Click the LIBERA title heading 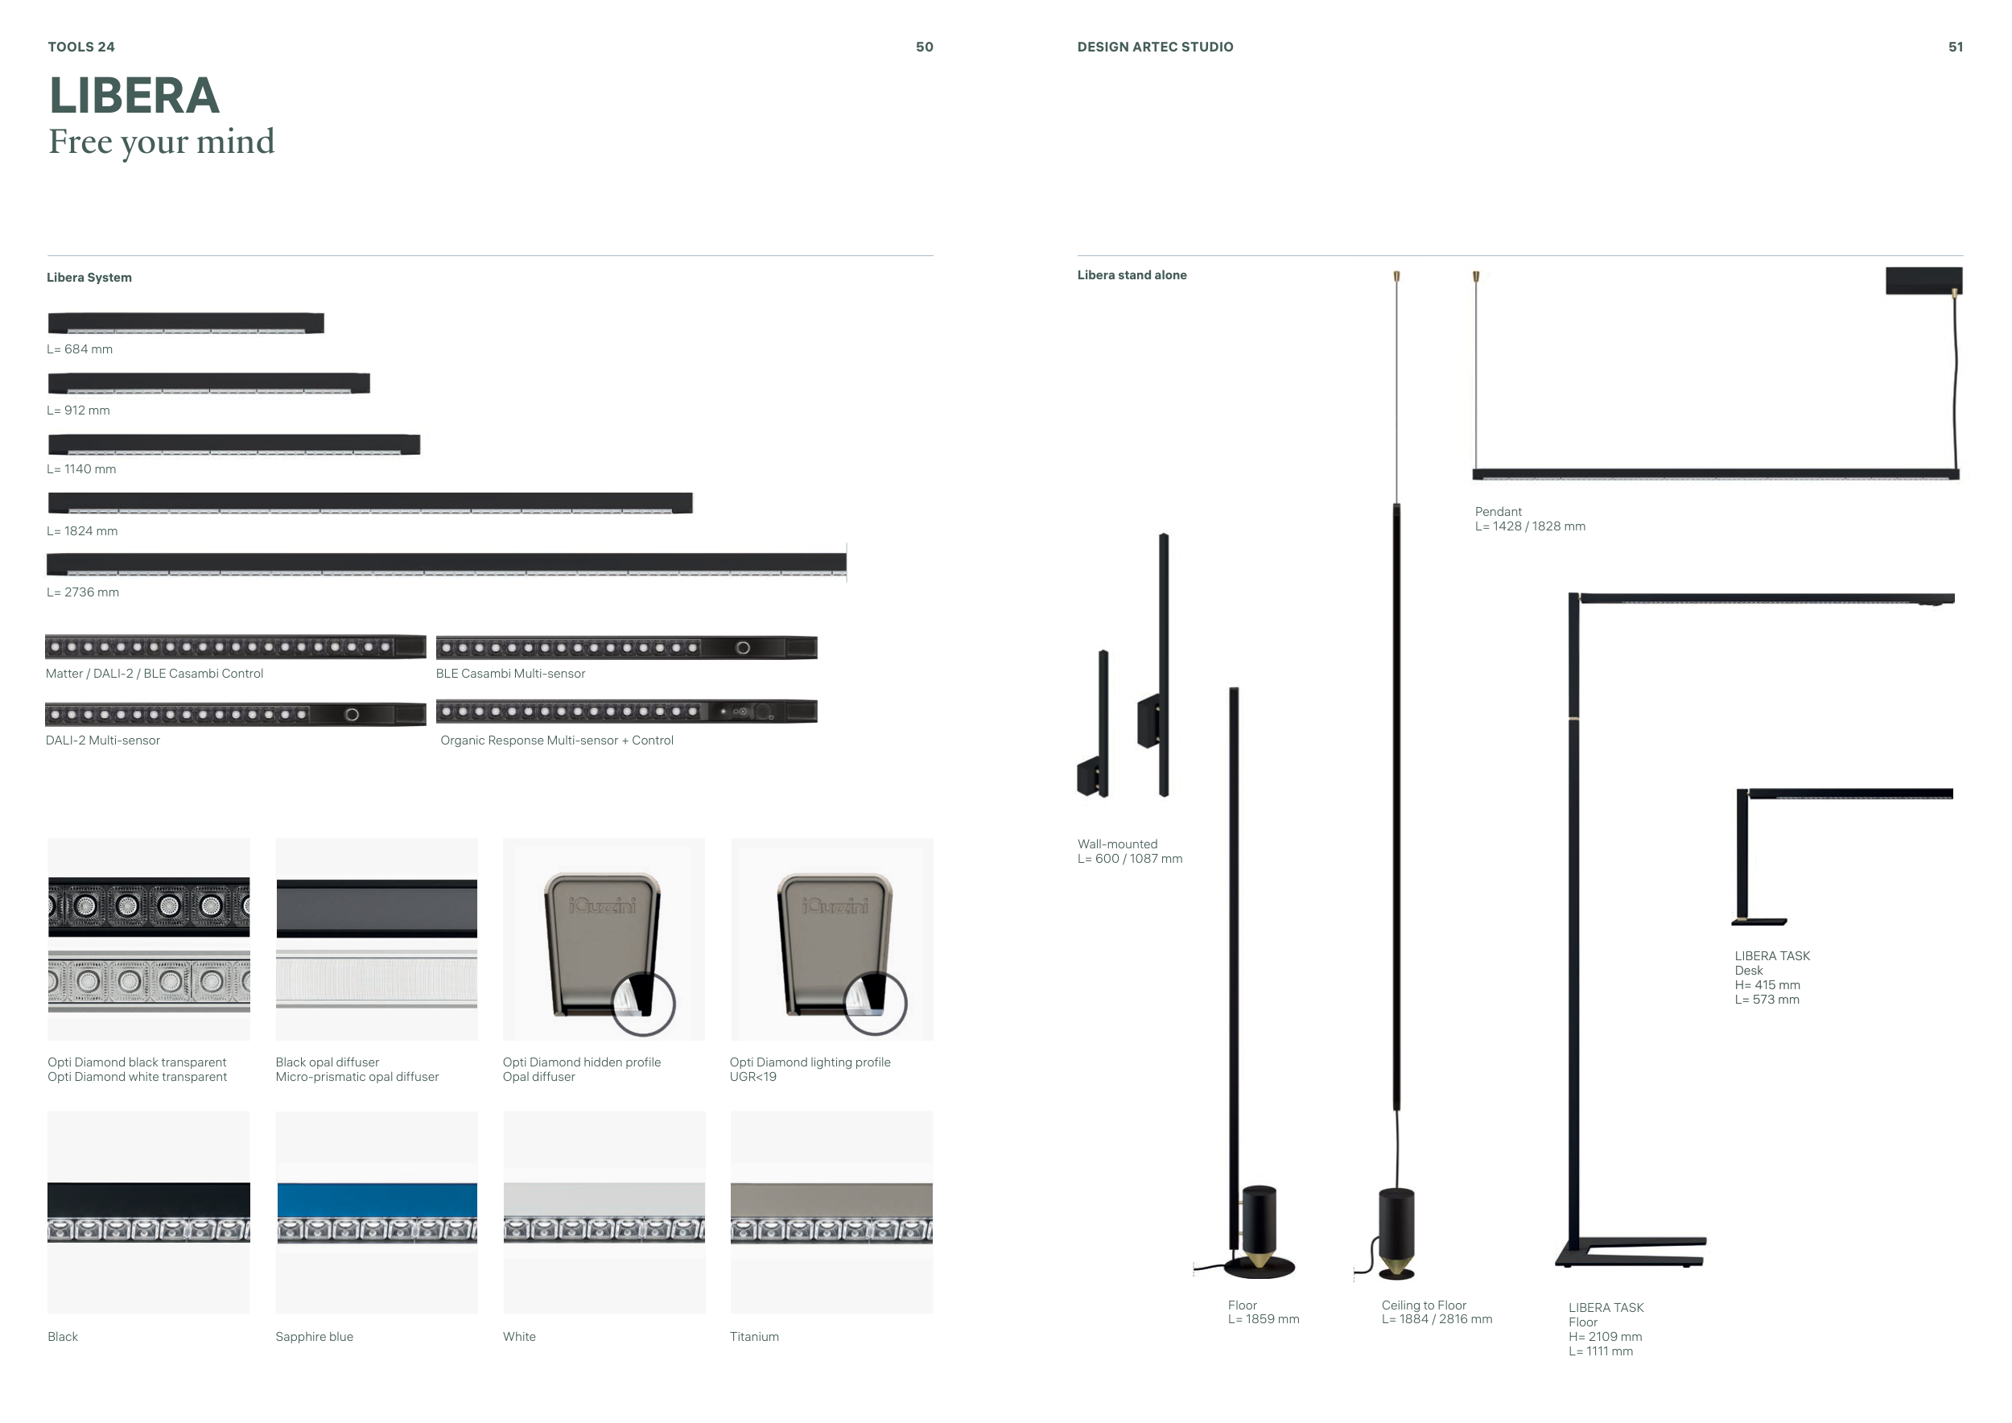coord(134,96)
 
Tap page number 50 coord(925,47)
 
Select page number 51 coord(1955,47)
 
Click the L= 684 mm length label coord(80,349)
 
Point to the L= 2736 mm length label coord(83,592)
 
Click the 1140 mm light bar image coord(234,444)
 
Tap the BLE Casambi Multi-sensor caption coord(511,674)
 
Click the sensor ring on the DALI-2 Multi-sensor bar coord(352,715)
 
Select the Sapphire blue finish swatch coord(377,1213)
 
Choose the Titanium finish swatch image coord(831,1213)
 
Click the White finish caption coord(520,1336)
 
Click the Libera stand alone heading coord(1132,275)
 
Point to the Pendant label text coord(1499,512)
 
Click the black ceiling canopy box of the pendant coord(1923,280)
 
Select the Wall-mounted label coord(1117,843)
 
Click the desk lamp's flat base coord(1758,922)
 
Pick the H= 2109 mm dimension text coord(1606,1336)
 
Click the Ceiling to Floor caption coord(1424,1305)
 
